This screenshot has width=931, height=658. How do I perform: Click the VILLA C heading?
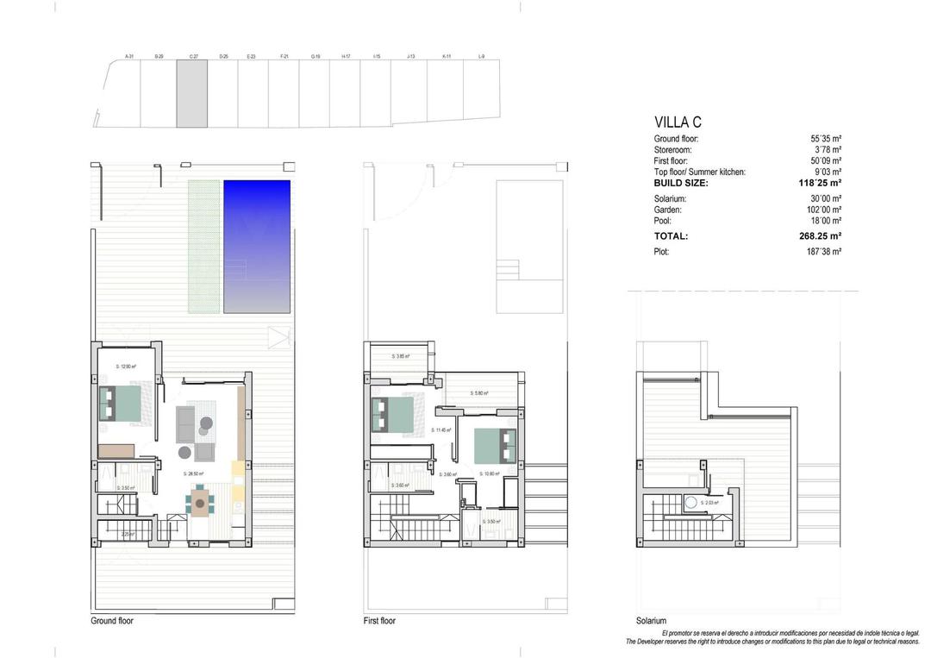678,122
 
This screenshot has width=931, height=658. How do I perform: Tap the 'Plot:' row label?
661,252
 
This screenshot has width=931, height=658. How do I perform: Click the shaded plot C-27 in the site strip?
192,94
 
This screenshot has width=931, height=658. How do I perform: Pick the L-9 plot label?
481,57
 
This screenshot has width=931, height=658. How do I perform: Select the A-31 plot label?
129,57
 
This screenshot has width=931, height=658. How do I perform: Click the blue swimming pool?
257,246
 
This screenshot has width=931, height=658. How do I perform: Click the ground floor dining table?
200,500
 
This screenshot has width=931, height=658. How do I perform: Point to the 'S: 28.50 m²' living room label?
196,473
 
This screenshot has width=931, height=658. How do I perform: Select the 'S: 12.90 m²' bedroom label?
126,367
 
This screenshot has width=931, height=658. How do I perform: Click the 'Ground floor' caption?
112,621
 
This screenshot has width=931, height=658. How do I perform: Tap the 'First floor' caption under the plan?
380,621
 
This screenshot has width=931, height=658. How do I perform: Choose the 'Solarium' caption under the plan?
652,621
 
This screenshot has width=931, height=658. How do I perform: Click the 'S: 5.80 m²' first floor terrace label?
479,393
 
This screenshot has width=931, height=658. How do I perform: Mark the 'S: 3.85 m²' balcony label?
401,356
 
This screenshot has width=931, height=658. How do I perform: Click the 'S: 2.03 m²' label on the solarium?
709,503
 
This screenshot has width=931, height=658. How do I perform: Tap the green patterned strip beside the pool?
205,246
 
